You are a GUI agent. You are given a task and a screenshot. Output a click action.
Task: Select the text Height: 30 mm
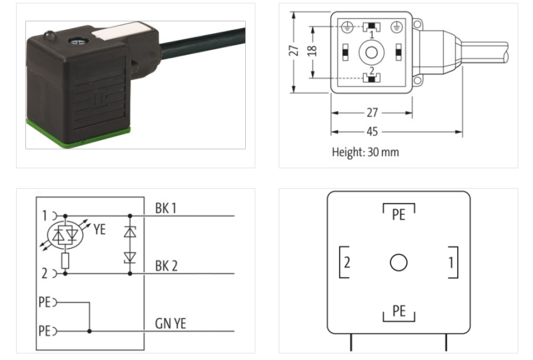(x=365, y=152)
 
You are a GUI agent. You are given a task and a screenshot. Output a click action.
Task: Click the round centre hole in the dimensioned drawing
(x=370, y=52)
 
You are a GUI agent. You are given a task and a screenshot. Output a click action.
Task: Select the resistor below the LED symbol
(x=65, y=260)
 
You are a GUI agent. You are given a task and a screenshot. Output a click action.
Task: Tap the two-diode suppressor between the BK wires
(x=130, y=245)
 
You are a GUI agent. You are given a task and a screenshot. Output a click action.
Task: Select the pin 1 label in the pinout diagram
(x=450, y=263)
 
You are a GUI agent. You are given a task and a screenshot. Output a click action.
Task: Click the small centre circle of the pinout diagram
(x=398, y=263)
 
